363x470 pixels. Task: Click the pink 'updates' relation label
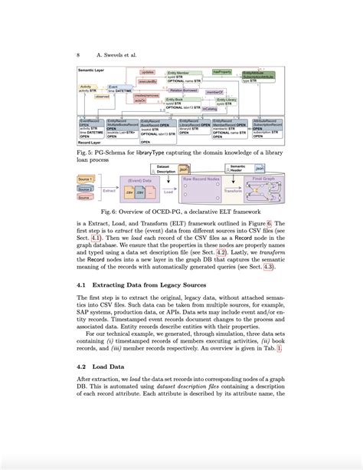pos(147,71)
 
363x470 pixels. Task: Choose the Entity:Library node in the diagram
pos(228,100)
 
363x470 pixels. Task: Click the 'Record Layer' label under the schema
pos(93,143)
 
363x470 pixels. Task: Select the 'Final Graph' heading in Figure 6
pos(264,177)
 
